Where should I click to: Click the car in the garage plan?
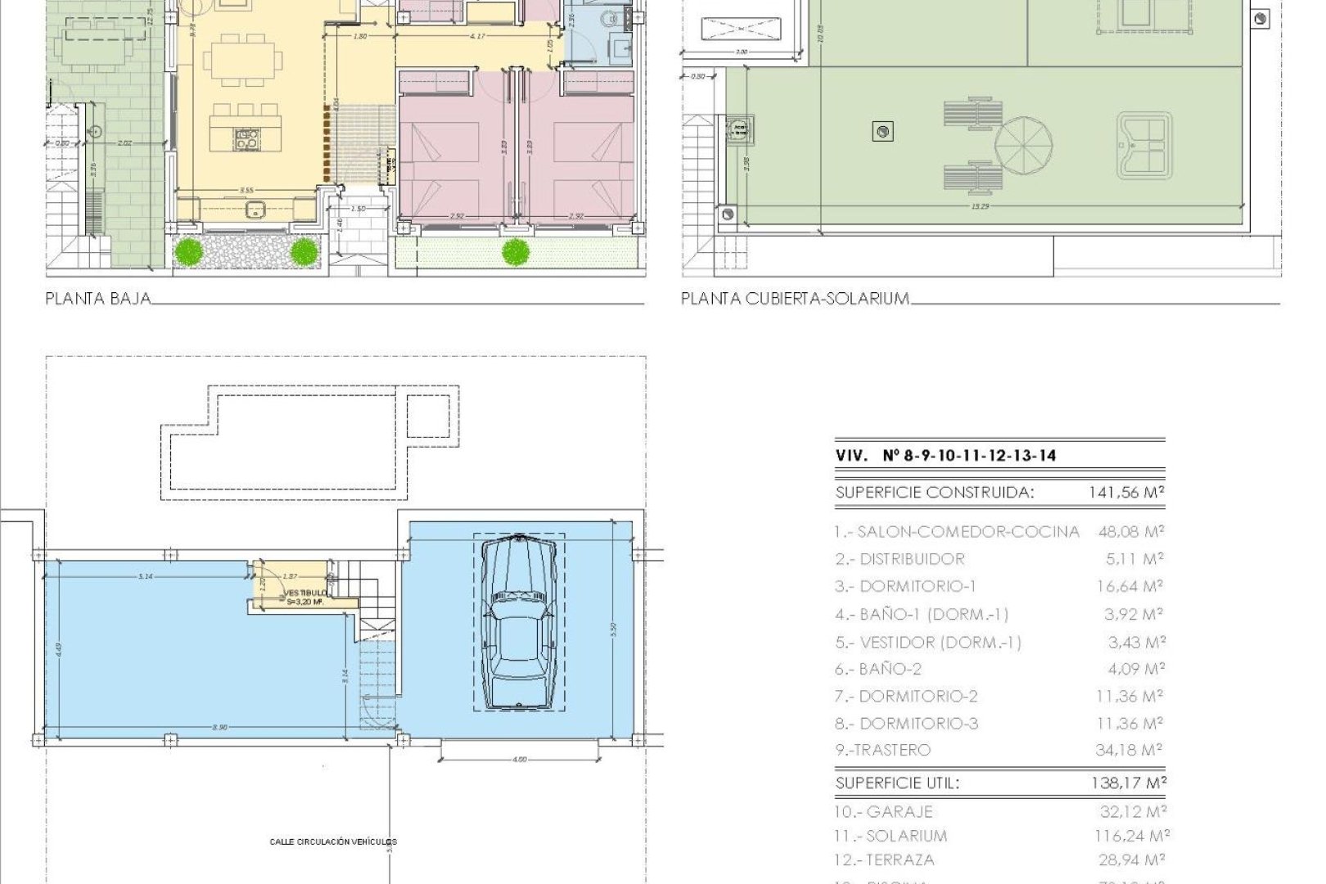(517, 622)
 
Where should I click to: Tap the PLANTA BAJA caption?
(98, 299)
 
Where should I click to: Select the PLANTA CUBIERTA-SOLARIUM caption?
(794, 299)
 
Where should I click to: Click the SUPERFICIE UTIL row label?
(897, 783)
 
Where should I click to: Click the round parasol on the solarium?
(1023, 143)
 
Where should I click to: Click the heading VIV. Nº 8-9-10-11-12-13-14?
(945, 457)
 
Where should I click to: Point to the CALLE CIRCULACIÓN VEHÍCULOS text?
(333, 841)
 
